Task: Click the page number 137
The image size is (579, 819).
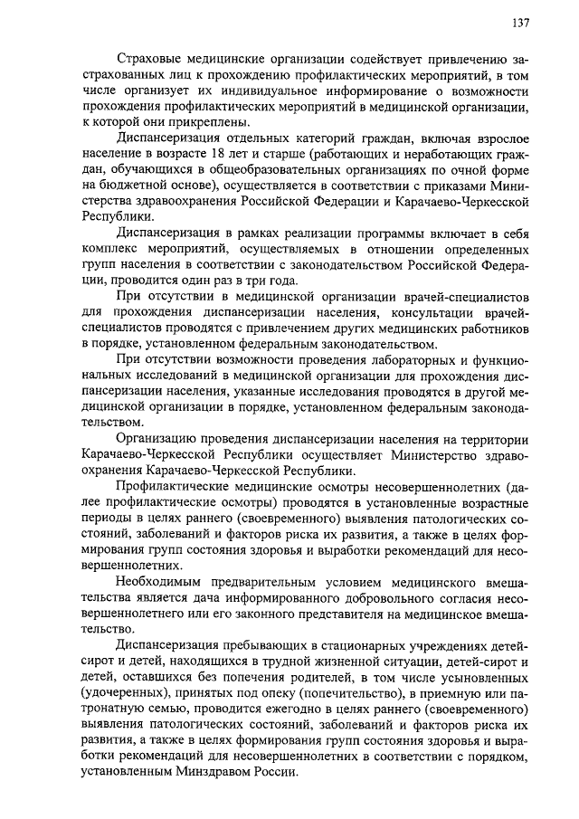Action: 519,24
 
